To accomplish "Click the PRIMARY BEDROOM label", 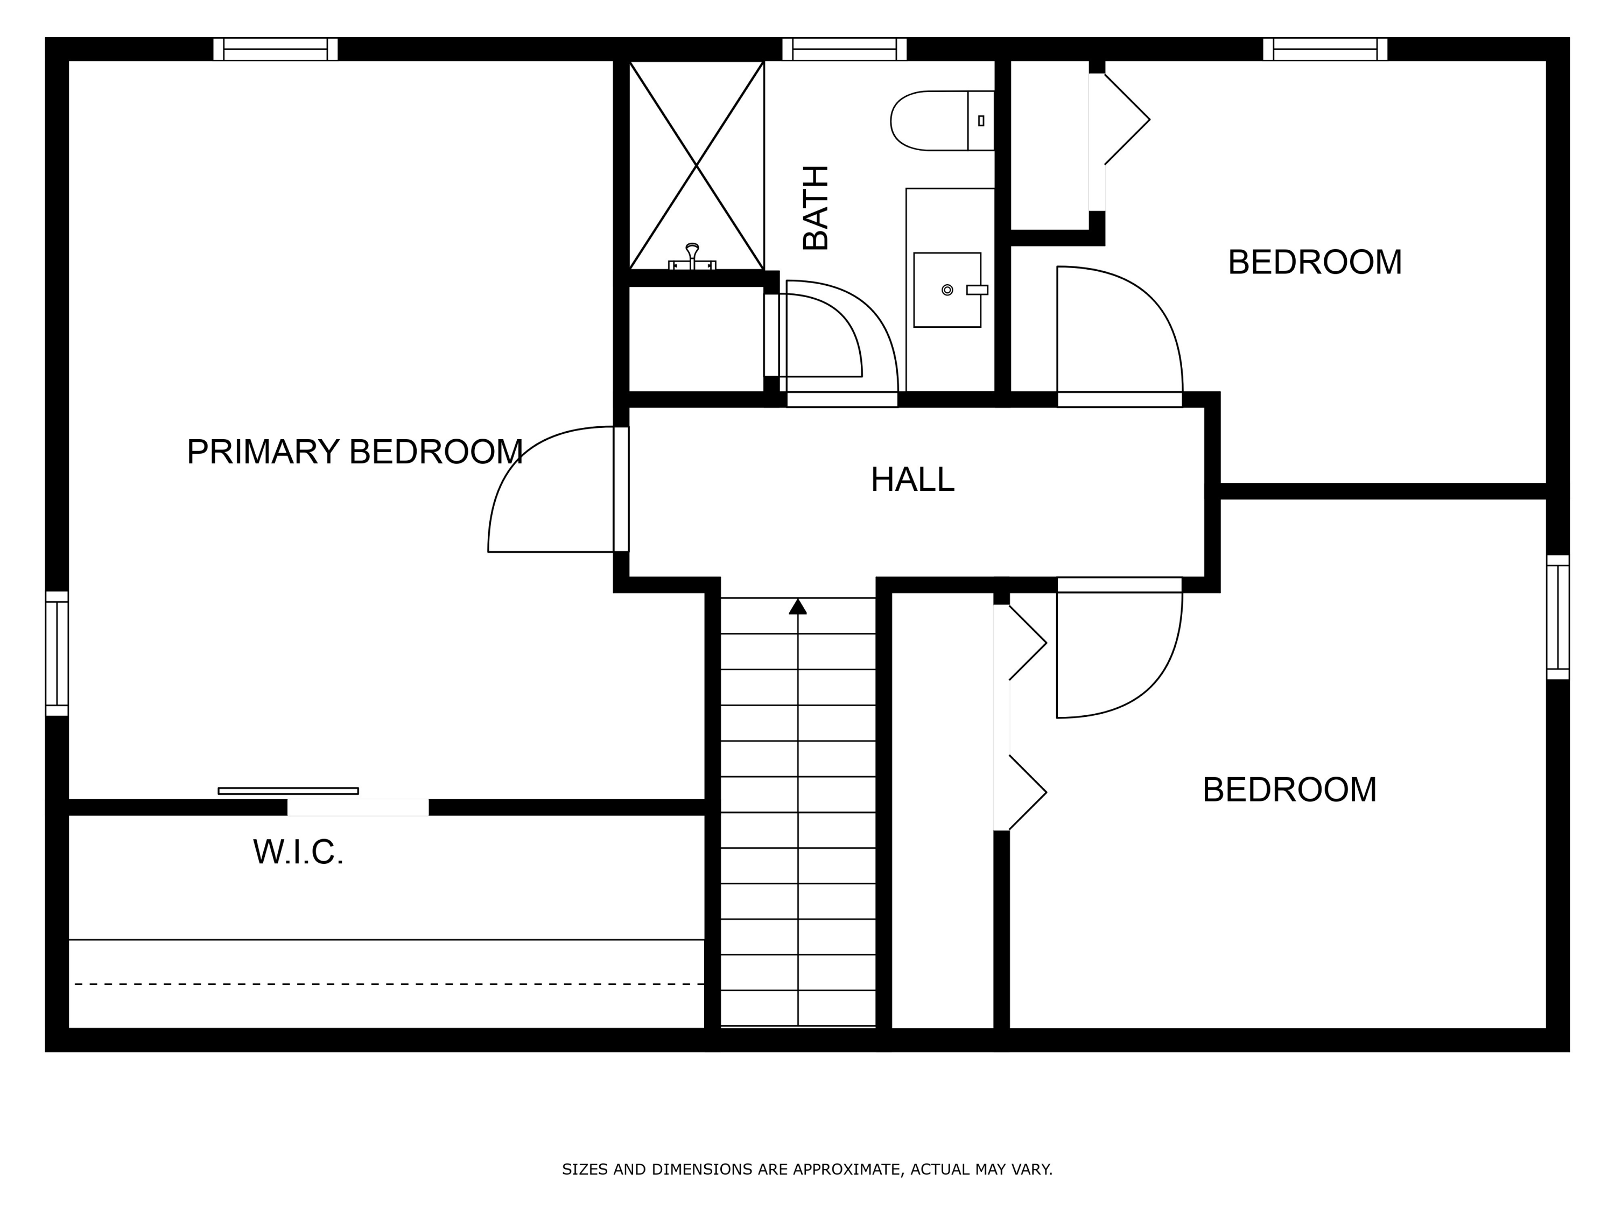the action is click(x=355, y=452).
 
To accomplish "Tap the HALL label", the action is click(x=912, y=480).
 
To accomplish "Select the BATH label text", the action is click(x=816, y=208).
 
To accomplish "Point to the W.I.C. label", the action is click(x=298, y=852).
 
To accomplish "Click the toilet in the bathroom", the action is click(x=942, y=121).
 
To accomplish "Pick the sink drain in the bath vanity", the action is click(x=947, y=290).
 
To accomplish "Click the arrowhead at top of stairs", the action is click(x=797, y=607).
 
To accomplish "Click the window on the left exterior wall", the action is click(x=57, y=653).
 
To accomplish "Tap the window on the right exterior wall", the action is click(x=1557, y=617).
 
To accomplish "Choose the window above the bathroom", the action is click(x=844, y=49).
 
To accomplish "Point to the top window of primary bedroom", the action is click(x=275, y=49).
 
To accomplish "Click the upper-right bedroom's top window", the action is click(x=1325, y=49).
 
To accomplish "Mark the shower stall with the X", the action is click(x=697, y=166).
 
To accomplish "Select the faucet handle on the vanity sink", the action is click(x=977, y=290).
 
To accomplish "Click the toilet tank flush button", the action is click(x=980, y=121).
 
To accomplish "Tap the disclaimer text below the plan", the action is click(x=807, y=1170).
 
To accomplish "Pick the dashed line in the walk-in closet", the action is click(x=389, y=984).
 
